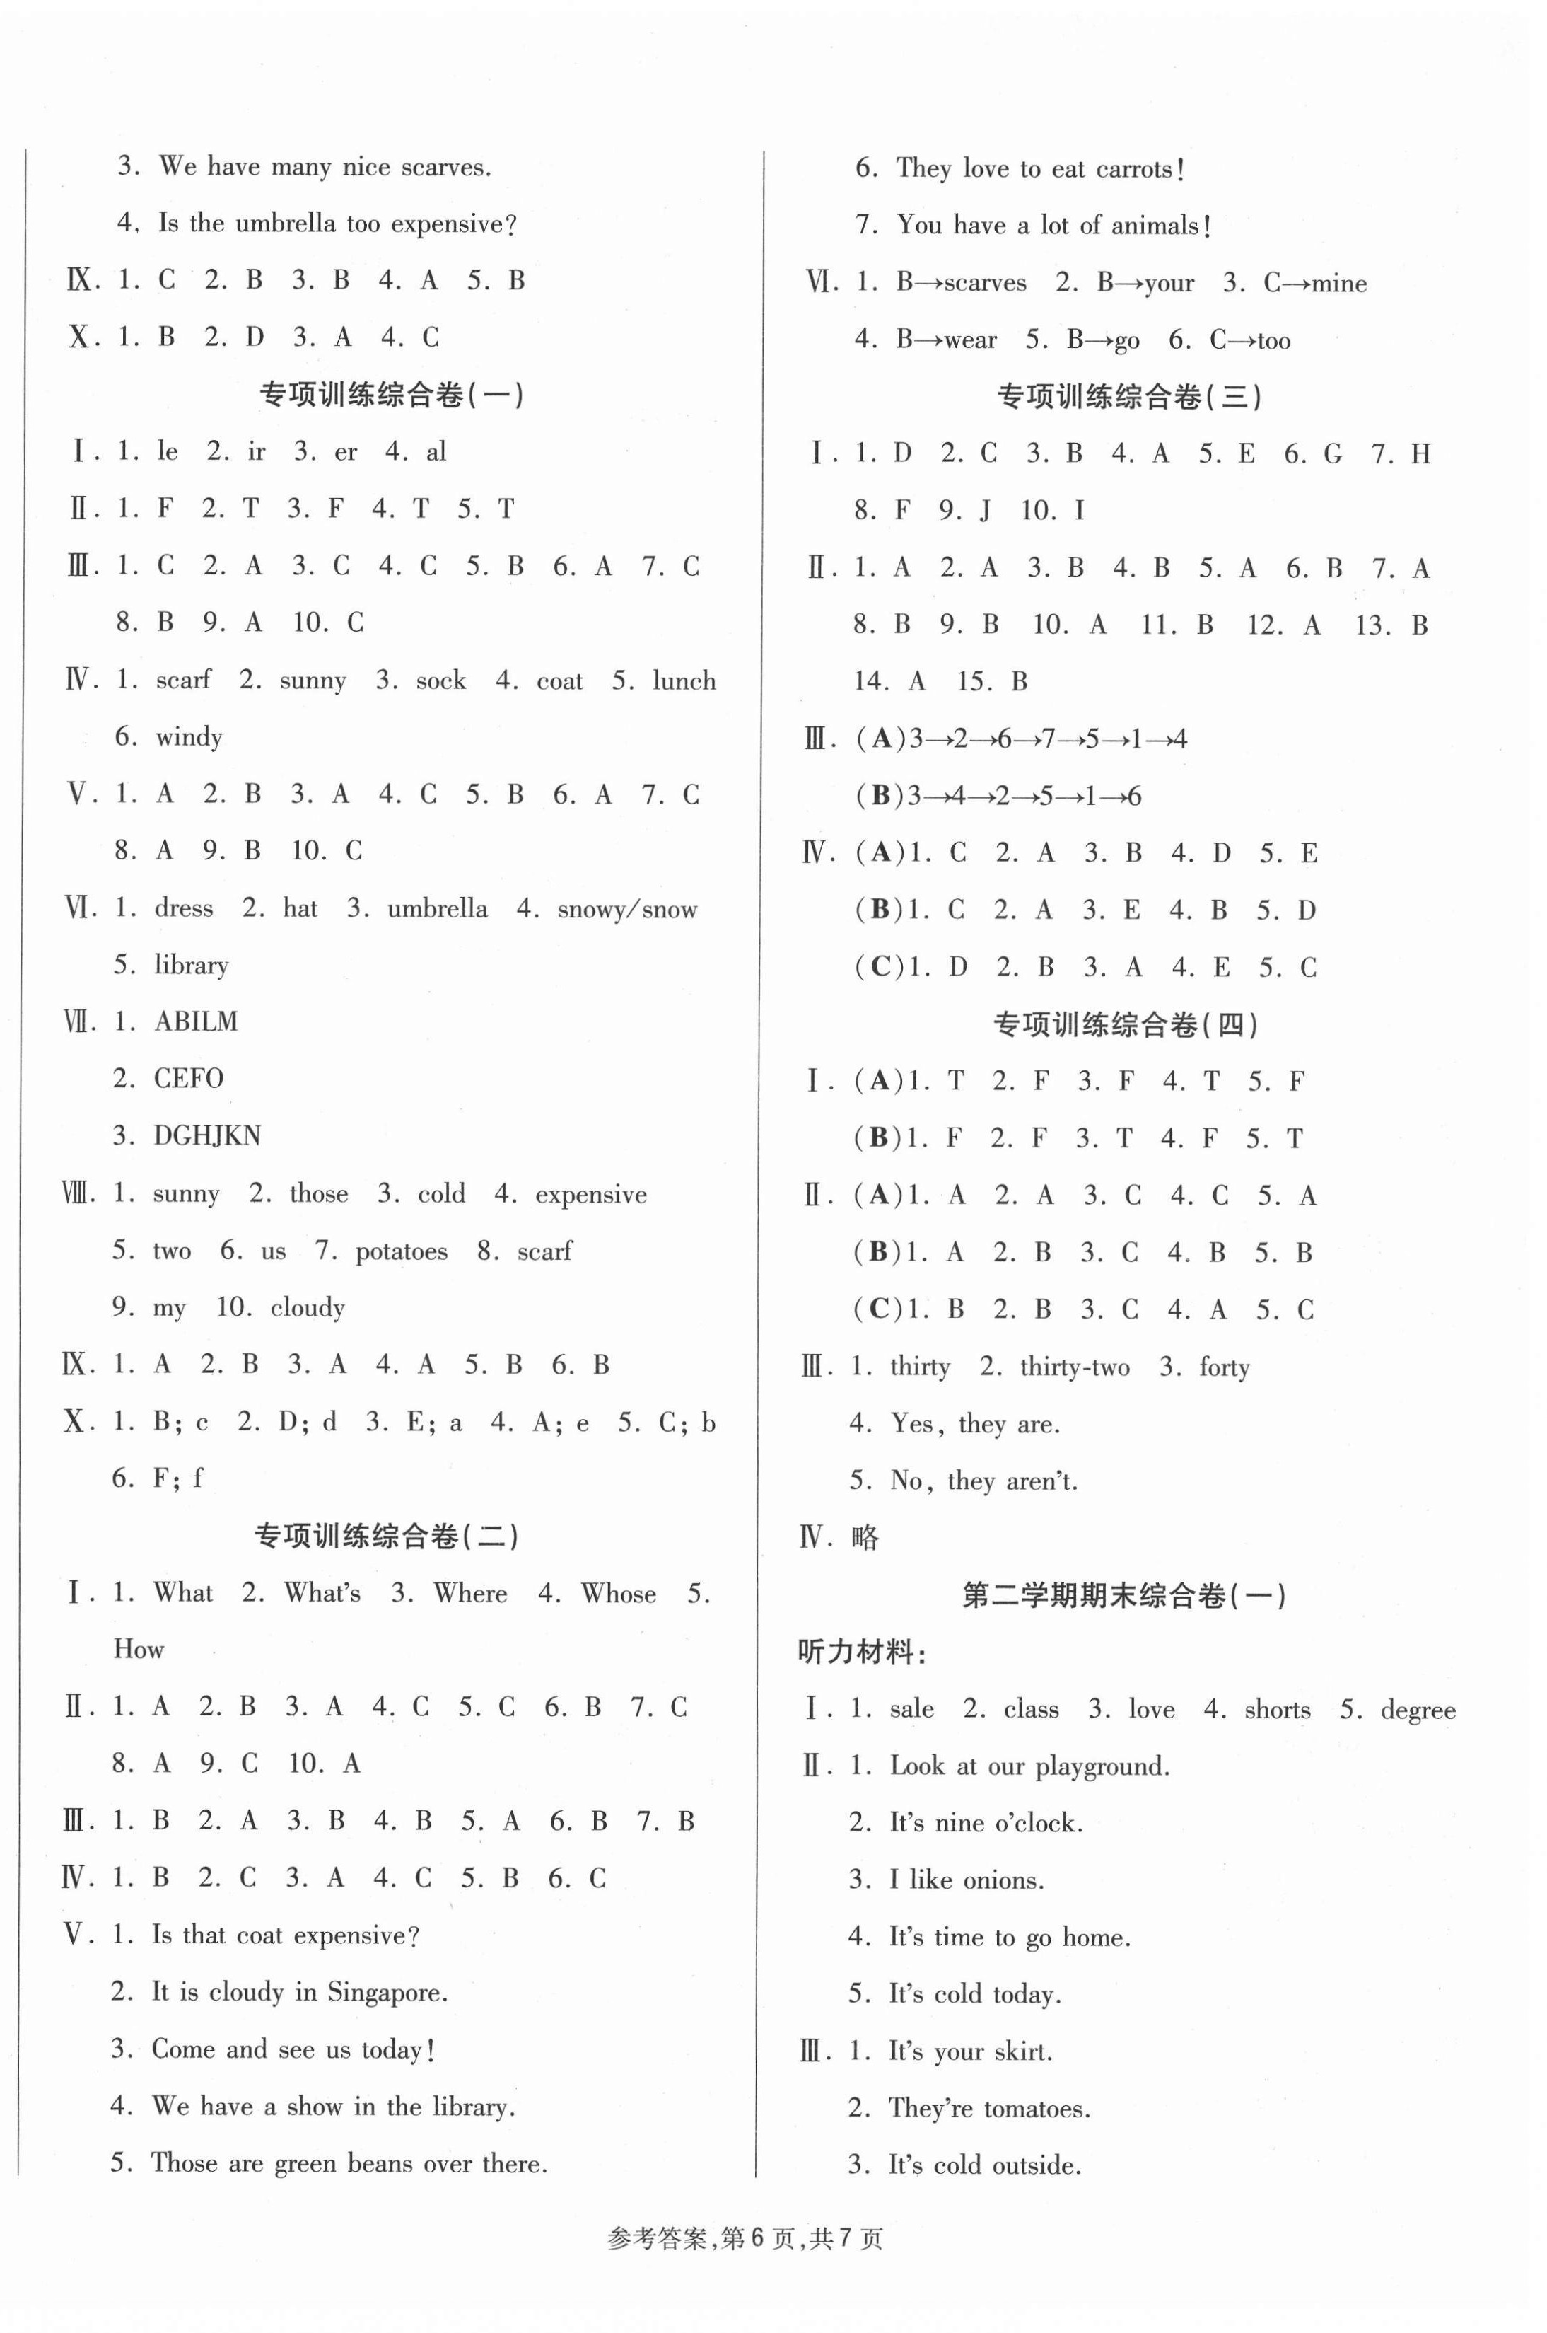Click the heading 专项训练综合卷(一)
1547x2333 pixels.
[x=391, y=395]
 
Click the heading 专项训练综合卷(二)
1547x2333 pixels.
[x=387, y=1536]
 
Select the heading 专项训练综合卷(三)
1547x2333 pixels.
[x=1130, y=397]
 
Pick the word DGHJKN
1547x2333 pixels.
[x=207, y=1136]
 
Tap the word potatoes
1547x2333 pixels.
[x=401, y=1251]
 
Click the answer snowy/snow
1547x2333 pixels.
[x=626, y=909]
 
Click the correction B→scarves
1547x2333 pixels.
[x=961, y=284]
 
